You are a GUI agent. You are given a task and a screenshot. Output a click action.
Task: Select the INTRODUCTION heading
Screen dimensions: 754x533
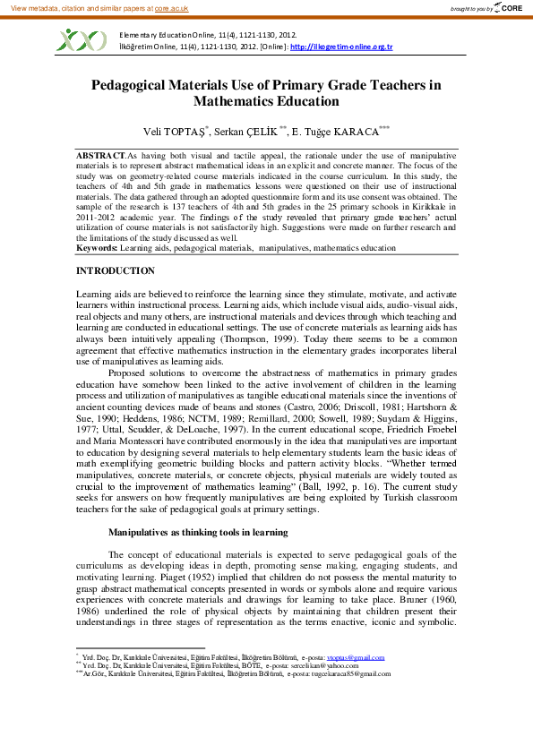(x=116, y=270)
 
